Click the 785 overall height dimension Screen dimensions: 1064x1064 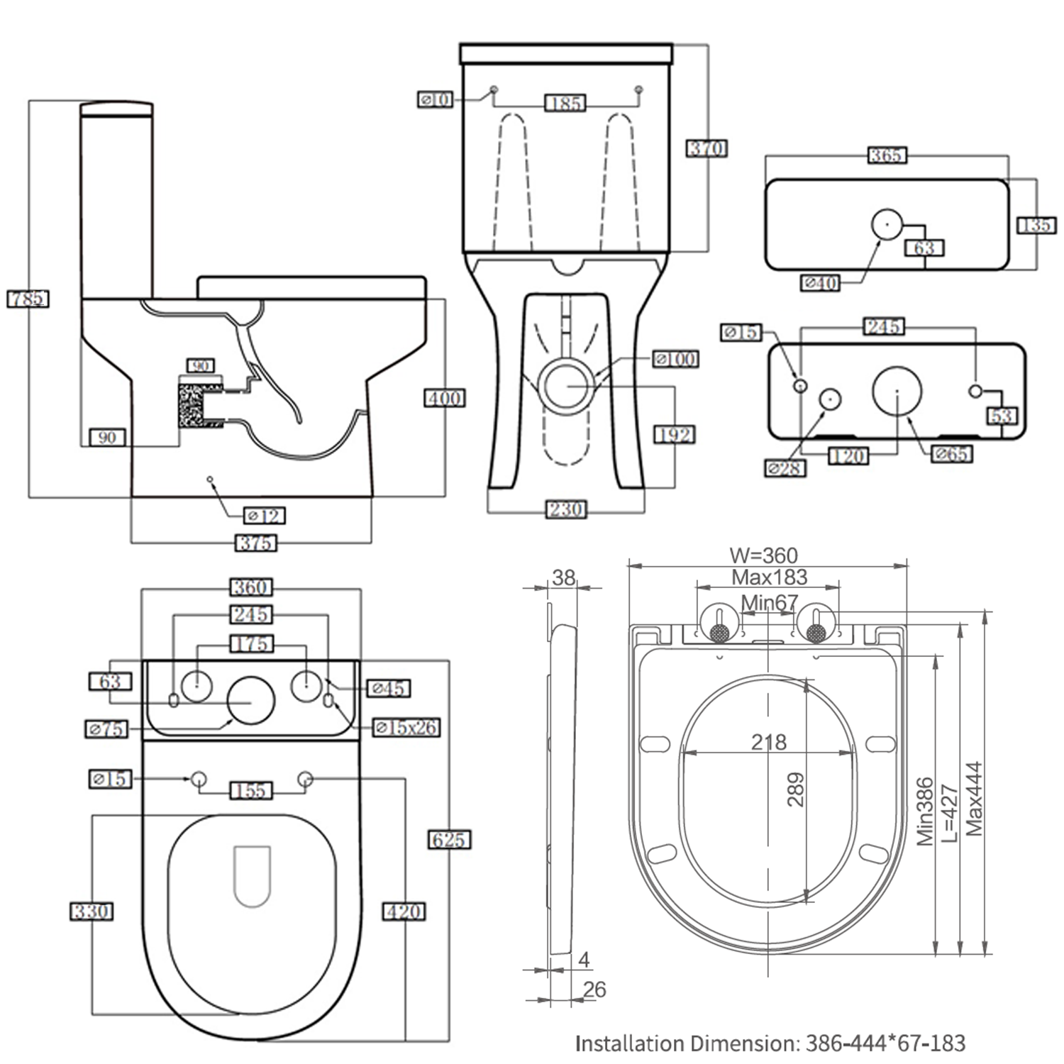pos(28,299)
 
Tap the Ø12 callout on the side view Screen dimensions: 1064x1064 pos(264,516)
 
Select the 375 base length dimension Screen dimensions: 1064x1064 pos(255,543)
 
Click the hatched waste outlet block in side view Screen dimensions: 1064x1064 pos(192,404)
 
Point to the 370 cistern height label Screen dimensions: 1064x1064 pos(706,149)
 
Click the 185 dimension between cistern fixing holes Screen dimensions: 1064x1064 pos(565,104)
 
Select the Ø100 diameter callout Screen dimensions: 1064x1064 pos(675,359)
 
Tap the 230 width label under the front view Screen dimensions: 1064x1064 pos(565,509)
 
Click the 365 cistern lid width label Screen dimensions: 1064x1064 pos(887,155)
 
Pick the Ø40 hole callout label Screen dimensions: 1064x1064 pos(821,283)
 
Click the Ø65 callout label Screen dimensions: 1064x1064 pos(951,454)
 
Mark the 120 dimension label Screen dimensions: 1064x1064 pos(848,455)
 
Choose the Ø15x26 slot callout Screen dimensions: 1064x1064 pos(406,727)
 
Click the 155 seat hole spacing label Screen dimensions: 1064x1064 pos(251,790)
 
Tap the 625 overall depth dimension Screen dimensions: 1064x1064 pos(449,840)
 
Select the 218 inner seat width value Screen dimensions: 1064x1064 pos(769,742)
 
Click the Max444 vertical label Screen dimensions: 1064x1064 pos(974,798)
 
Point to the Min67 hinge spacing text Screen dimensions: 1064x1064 pos(770,602)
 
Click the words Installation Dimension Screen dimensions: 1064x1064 pos(686,1043)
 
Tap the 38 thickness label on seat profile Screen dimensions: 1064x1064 pos(564,577)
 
